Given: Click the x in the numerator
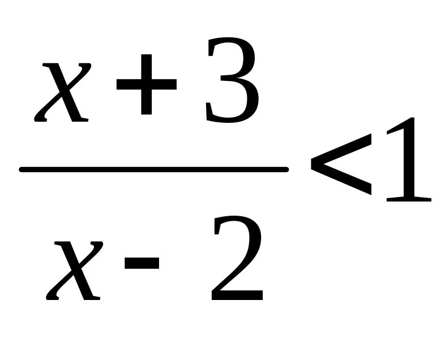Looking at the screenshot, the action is point(62,92).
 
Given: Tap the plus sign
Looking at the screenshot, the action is point(147,84).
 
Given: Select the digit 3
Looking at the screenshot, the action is point(232,80).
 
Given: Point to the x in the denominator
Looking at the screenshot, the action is point(74,271).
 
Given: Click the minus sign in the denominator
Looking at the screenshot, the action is point(142,263).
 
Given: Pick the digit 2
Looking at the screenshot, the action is point(237,258).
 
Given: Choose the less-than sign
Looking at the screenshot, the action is point(341,165).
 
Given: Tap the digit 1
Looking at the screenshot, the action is point(409,160).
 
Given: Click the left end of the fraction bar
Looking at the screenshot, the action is point(20,170).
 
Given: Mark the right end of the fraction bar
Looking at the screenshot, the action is point(287,170).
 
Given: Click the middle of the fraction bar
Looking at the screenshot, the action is point(154,170).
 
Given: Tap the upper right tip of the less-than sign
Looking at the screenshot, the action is point(371,135).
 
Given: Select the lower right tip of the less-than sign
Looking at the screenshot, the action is point(371,194).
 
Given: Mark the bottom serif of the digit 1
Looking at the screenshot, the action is point(409,199).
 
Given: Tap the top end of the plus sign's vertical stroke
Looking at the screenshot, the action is point(147,55).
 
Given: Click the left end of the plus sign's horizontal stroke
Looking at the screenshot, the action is point(118,84).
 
